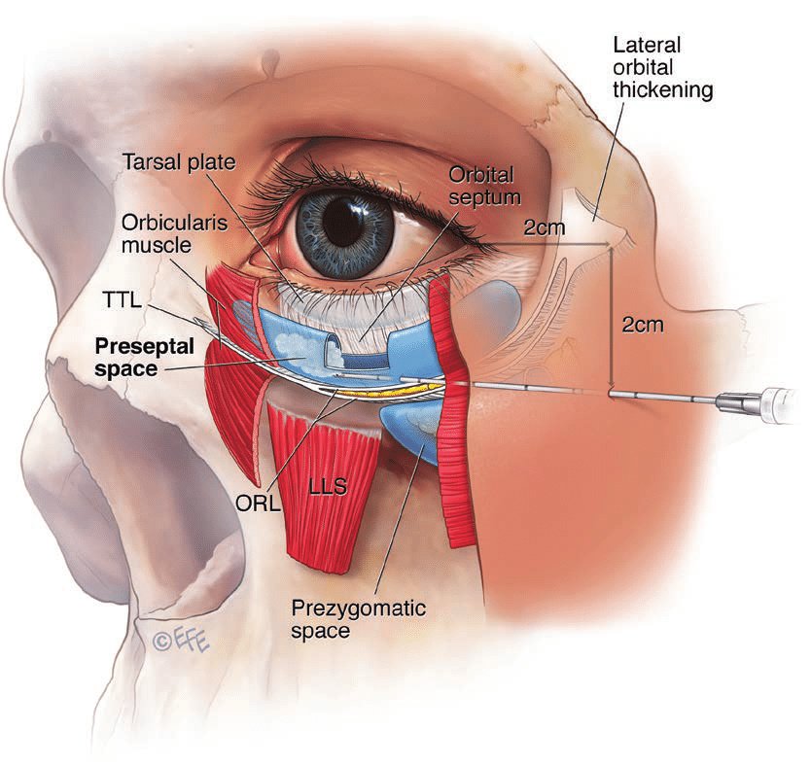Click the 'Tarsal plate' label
[x=179, y=162]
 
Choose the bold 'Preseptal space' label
[x=144, y=357]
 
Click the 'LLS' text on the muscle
[x=328, y=486]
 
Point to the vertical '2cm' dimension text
[x=642, y=325]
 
